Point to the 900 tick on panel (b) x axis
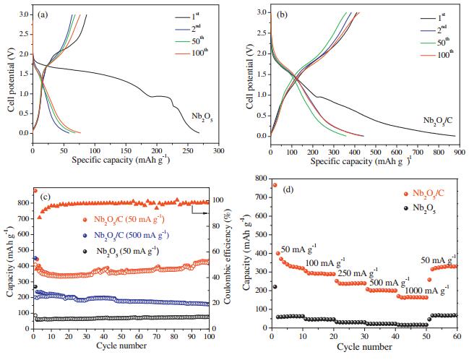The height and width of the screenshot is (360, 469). [459, 145]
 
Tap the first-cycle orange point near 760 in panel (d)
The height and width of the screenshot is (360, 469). [275, 185]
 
